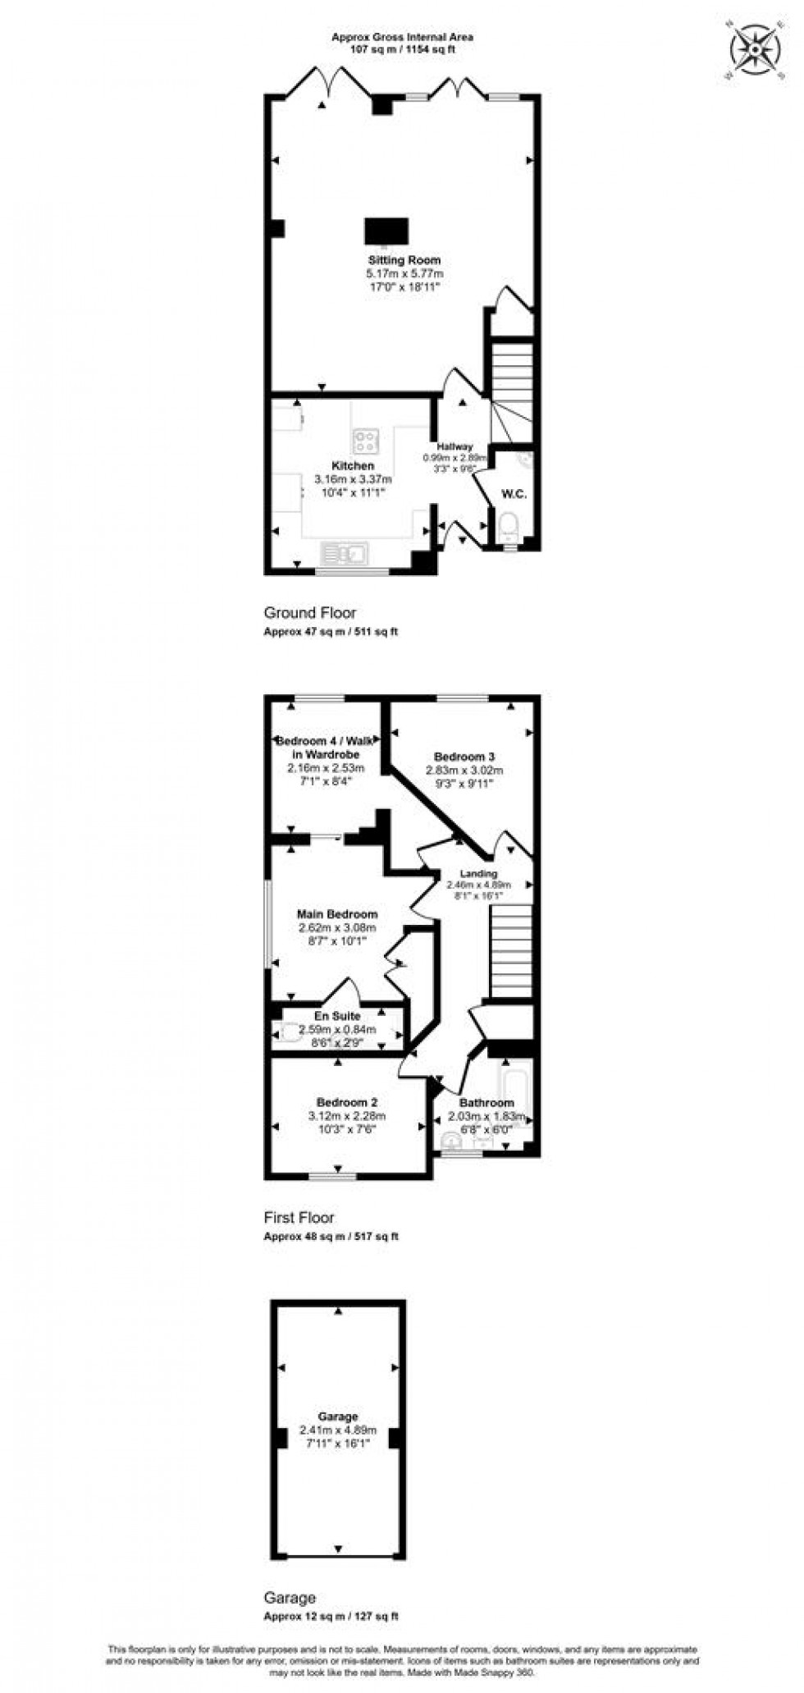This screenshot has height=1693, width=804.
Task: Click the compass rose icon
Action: tap(754, 50)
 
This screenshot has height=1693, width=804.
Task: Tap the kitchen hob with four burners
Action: tap(365, 442)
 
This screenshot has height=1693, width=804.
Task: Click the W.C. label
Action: tap(514, 494)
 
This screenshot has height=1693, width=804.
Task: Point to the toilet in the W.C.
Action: tap(509, 527)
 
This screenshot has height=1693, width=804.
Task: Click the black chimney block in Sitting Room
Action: tap(386, 231)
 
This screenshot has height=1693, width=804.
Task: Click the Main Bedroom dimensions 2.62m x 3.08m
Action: tap(337, 927)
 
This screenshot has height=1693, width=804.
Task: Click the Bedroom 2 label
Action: tap(346, 1102)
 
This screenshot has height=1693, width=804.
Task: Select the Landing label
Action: tap(478, 874)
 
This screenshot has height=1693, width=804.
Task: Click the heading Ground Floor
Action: tap(309, 612)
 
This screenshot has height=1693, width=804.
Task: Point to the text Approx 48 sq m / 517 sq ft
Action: tap(330, 1236)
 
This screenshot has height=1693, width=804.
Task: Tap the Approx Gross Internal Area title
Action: tap(402, 37)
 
